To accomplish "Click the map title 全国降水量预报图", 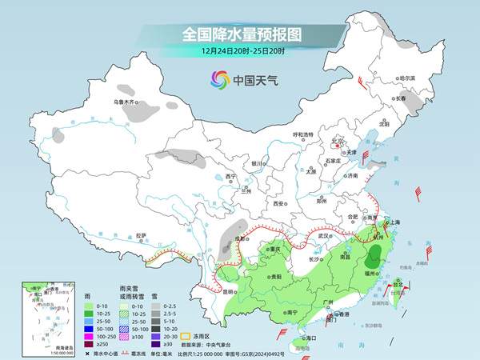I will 239,34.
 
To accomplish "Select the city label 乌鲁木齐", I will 125,102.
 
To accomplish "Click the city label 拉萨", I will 141,235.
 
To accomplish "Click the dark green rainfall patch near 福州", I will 374,256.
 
